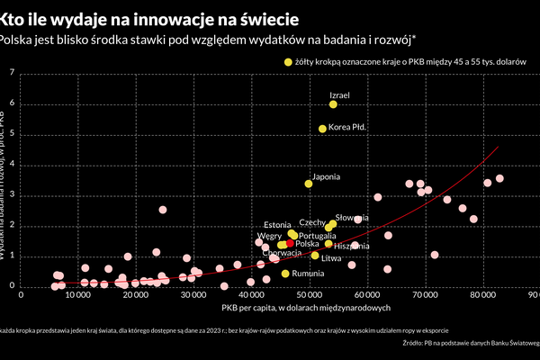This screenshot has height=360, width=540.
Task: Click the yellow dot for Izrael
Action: pos(333,104)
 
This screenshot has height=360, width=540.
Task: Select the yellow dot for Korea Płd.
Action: pos(322,129)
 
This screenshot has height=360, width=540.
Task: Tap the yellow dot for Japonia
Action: pos(309,184)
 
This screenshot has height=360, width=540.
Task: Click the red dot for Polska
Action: pos(290,244)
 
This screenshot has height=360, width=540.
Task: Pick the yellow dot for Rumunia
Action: pos(285,274)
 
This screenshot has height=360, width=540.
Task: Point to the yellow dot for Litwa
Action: pos(315,256)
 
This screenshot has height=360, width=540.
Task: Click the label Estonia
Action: pos(277,224)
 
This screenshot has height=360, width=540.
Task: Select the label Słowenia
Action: pos(353,218)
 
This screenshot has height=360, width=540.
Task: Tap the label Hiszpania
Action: pos(351,246)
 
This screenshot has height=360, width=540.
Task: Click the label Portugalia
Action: pos(318,236)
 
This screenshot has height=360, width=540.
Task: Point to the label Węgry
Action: pos(270,236)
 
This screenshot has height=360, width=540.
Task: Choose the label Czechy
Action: pos(311,221)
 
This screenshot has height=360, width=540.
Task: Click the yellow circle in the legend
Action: pos(288,62)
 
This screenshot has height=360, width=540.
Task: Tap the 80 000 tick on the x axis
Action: pos(482,294)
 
